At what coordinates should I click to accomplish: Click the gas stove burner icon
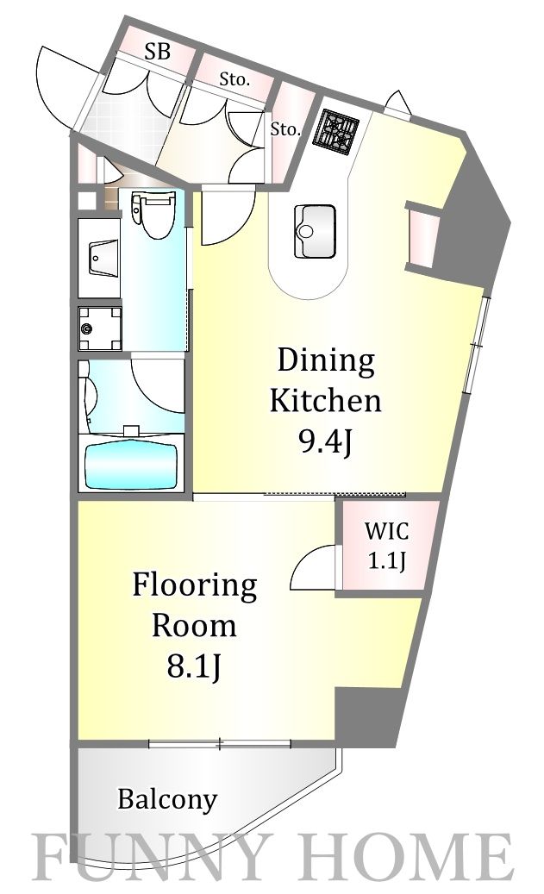pyautogui.click(x=335, y=132)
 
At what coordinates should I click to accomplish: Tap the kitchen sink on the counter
pyautogui.click(x=314, y=232)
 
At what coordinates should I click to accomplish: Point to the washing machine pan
pyautogui.click(x=100, y=329)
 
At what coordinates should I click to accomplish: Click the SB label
pyautogui.click(x=157, y=53)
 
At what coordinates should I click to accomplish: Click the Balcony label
pyautogui.click(x=167, y=799)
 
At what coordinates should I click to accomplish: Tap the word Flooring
pyautogui.click(x=195, y=587)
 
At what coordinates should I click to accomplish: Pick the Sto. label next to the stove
pyautogui.click(x=285, y=130)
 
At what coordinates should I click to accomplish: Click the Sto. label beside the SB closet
pyautogui.click(x=235, y=80)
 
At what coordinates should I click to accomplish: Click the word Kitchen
pyautogui.click(x=325, y=401)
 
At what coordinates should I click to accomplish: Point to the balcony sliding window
pyautogui.click(x=220, y=743)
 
